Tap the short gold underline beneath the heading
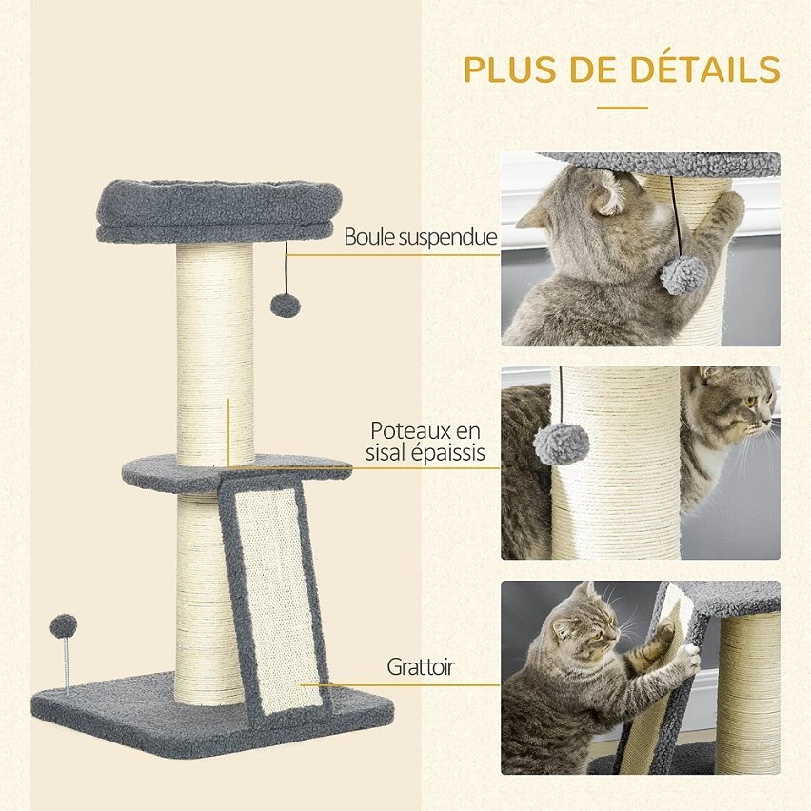623,109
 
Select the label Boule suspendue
420,237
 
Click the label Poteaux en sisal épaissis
425,441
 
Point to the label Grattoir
421,666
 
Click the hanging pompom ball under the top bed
286,306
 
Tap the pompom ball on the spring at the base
64,626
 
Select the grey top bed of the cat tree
219,210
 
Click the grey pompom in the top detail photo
682,275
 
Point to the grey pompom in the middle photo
562,445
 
